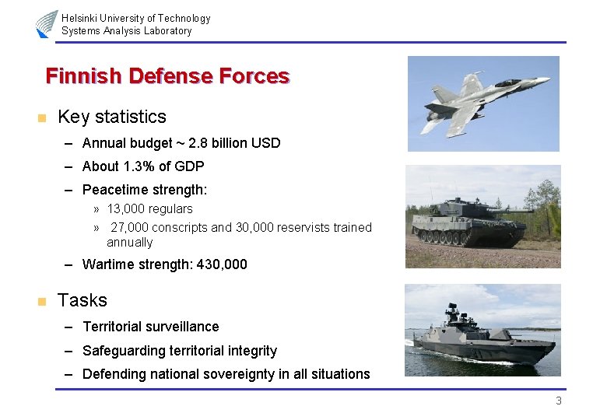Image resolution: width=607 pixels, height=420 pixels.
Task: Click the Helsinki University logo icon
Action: pos(46,23)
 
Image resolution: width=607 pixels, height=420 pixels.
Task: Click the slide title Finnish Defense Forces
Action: pos(167,76)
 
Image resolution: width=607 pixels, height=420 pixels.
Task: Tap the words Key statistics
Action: pos(112,117)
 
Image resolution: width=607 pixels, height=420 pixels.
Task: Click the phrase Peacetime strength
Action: pos(144,190)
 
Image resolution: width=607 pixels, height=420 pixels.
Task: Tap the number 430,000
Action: pos(222,264)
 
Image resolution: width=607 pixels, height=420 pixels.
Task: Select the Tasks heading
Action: pos(82,300)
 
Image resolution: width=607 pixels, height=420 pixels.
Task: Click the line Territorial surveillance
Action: pos(150,327)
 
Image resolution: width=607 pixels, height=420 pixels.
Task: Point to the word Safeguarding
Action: pos(122,351)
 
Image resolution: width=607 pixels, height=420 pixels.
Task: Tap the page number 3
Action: pos(558,401)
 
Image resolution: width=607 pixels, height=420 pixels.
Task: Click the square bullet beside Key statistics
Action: pos(41,118)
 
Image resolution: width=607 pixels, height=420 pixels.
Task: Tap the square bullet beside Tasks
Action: pos(41,302)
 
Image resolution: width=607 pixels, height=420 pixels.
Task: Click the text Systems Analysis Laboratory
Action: pos(126,31)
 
